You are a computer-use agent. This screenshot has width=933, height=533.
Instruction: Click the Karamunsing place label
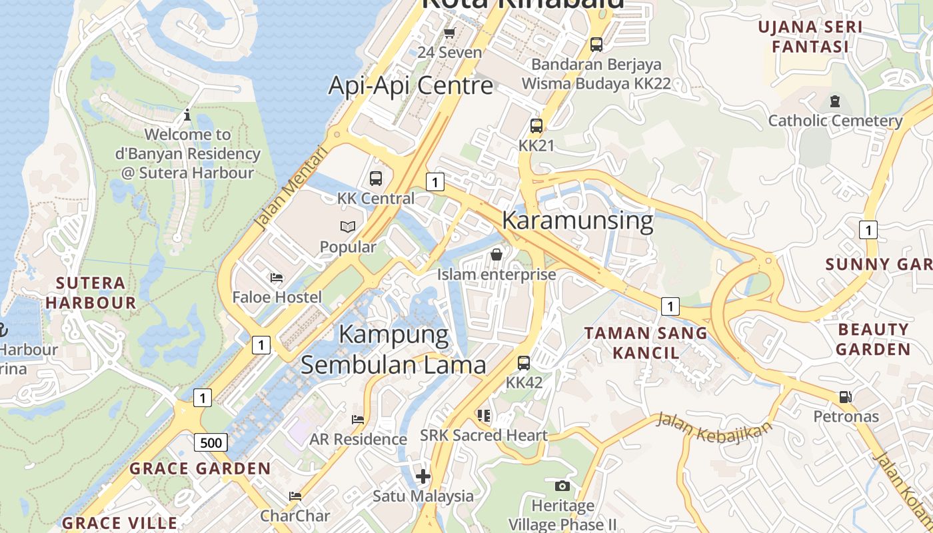[x=577, y=221]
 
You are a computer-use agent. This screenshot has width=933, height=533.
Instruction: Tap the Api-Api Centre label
[x=411, y=85]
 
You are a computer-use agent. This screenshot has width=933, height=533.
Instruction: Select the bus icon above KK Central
[x=376, y=179]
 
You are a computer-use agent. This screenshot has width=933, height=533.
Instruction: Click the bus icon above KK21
[x=536, y=125]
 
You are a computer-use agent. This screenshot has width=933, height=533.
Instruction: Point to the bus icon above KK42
[x=524, y=363]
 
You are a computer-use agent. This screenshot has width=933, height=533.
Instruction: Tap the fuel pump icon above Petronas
[x=845, y=397]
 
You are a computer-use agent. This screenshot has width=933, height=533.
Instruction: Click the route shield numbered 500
[x=211, y=442]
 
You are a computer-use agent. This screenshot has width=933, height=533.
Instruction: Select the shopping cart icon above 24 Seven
[x=449, y=33]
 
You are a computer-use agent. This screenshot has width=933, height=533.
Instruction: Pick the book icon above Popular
[x=348, y=227]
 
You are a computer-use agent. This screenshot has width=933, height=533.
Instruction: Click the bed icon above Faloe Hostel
[x=277, y=277]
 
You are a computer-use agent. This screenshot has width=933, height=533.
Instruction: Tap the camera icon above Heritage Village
[x=562, y=486]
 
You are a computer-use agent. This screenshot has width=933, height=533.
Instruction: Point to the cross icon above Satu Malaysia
[x=423, y=476]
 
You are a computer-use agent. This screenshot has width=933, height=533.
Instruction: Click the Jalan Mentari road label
[x=291, y=189]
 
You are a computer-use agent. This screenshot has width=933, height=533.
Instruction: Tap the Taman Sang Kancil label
[x=646, y=342]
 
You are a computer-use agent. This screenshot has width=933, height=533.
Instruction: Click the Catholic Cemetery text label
[x=835, y=121]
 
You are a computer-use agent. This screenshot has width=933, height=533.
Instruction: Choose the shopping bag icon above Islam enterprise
[x=496, y=255]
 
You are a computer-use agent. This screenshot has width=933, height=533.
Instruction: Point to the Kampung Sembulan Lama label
[x=394, y=349]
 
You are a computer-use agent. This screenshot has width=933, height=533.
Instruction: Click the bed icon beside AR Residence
[x=358, y=420]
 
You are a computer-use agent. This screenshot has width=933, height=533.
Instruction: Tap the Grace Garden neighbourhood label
[x=200, y=468]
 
